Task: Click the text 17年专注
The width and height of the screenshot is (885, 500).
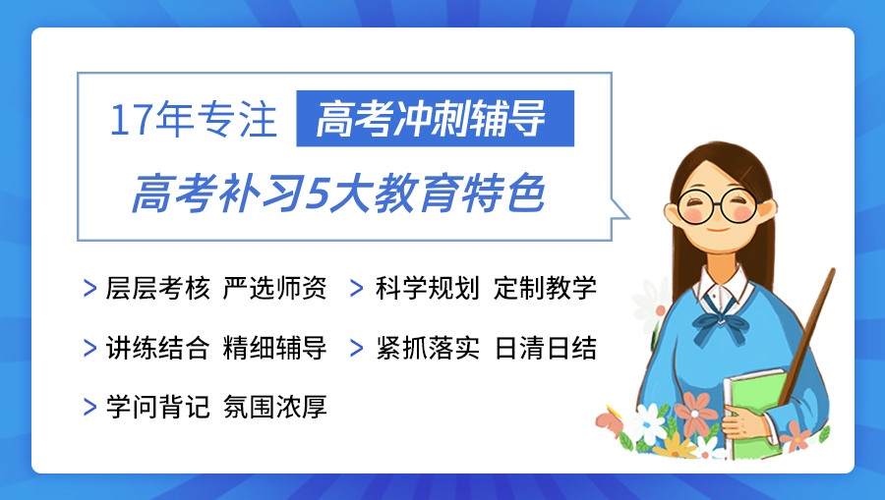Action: click(193, 120)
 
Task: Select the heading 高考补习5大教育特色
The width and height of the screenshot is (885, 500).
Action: click(337, 194)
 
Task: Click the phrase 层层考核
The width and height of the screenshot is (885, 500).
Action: click(158, 289)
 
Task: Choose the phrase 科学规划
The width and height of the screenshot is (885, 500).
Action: click(428, 289)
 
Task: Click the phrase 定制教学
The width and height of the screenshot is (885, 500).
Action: click(546, 289)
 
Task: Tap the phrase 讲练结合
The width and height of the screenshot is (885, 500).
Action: click(158, 348)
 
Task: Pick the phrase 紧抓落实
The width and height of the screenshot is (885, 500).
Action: click(428, 348)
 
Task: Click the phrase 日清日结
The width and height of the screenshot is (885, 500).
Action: click(546, 348)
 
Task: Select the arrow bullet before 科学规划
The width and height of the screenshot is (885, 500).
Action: click(360, 289)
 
